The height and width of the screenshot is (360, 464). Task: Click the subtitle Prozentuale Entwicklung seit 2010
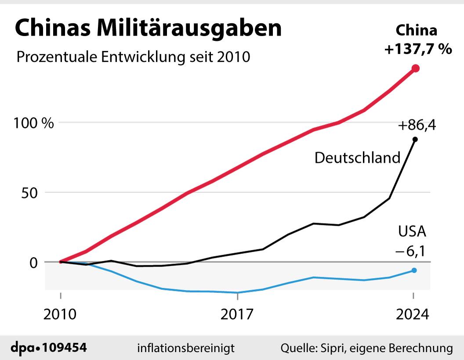pyautogui.click(x=133, y=58)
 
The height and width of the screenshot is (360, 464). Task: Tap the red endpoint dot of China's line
pyautogui.click(x=415, y=68)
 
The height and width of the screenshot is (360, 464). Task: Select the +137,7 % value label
pyautogui.click(x=418, y=49)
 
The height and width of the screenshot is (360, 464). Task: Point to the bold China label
pyautogui.click(x=417, y=31)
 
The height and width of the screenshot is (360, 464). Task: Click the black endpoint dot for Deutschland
pyautogui.click(x=415, y=139)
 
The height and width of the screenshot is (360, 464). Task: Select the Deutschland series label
pyautogui.click(x=357, y=158)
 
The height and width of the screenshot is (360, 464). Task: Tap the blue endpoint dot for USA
pyautogui.click(x=414, y=270)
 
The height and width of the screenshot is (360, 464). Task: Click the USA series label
pyautogui.click(x=412, y=231)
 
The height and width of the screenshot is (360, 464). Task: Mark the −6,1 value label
pyautogui.click(x=412, y=252)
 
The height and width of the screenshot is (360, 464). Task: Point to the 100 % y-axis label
pyautogui.click(x=33, y=122)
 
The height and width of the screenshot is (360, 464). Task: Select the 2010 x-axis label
pyautogui.click(x=61, y=314)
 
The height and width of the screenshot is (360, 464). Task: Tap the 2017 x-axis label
pyautogui.click(x=238, y=314)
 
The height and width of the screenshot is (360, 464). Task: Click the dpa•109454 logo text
pyautogui.click(x=48, y=348)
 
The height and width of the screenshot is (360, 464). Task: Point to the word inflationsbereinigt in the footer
pyautogui.click(x=186, y=348)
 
